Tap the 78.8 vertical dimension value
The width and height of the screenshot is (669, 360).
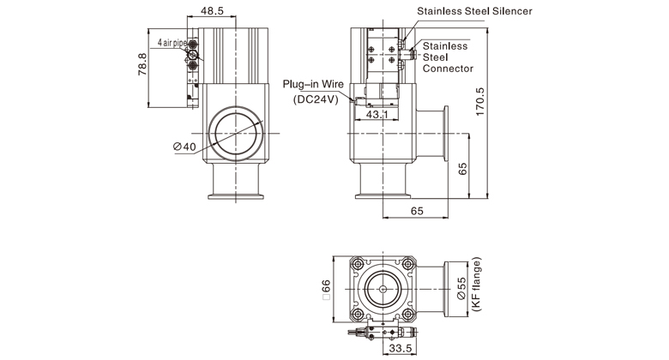pos(142,65)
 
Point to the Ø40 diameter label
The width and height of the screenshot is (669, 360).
pos(184,147)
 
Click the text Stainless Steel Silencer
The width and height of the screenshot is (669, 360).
pos(474,11)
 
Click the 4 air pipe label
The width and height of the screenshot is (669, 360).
pos(172,42)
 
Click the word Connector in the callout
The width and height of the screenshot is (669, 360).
pos(449,68)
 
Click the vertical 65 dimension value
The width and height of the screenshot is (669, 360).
pos(464,168)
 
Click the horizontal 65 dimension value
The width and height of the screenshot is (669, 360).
pos(417,210)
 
